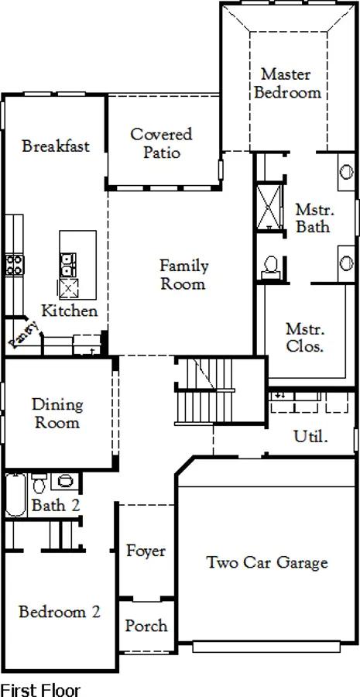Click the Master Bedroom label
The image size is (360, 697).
pyautogui.click(x=288, y=83)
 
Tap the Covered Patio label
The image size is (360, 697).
pyautogui.click(x=161, y=143)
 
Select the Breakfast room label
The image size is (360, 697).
pyautogui.click(x=56, y=146)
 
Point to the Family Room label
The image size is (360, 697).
pyautogui.click(x=183, y=275)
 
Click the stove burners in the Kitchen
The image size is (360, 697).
pyautogui.click(x=14, y=266)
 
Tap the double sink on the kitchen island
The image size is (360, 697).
pyautogui.click(x=68, y=265)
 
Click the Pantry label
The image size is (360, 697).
pyautogui.click(x=25, y=335)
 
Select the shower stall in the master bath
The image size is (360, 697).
pyautogui.click(x=269, y=207)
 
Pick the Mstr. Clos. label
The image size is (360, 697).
pyautogui.click(x=305, y=338)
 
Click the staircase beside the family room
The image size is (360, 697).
pyautogui.click(x=204, y=391)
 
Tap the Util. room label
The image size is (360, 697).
pyautogui.click(x=310, y=437)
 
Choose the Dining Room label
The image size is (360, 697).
pyautogui.click(x=57, y=414)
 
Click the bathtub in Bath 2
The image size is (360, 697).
pyautogui.click(x=16, y=495)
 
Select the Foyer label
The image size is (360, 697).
pyautogui.click(x=146, y=551)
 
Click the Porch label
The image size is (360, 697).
pyautogui.click(x=146, y=626)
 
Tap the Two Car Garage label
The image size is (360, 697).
pyautogui.click(x=268, y=563)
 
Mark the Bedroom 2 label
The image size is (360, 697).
pyautogui.click(x=60, y=612)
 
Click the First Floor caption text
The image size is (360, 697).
pyautogui.click(x=40, y=690)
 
